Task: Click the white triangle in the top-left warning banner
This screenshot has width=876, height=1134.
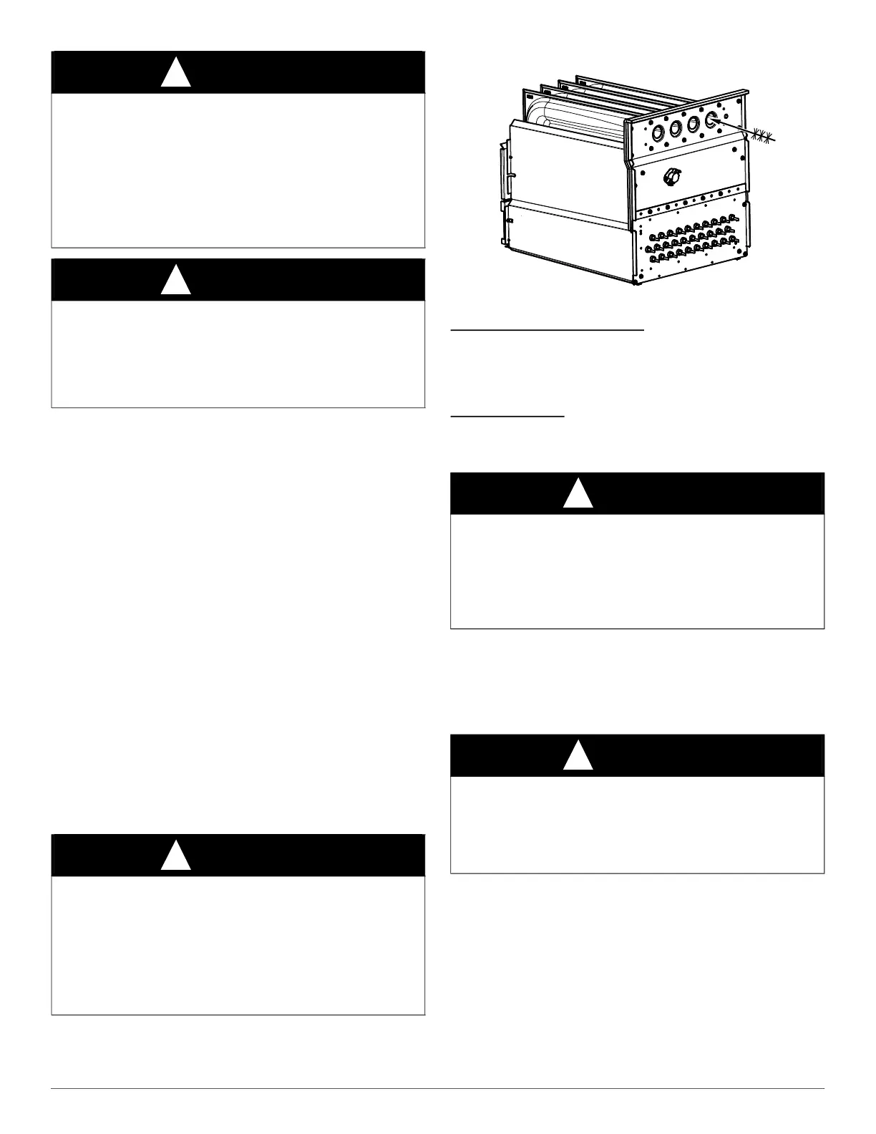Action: click(175, 74)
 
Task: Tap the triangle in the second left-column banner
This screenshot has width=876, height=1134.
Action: click(175, 281)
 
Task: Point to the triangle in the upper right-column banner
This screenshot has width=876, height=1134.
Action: click(578, 495)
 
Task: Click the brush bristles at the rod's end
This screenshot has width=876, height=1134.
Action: click(764, 136)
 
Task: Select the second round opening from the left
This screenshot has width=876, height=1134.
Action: click(675, 127)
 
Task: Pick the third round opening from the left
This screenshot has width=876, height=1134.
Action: click(693, 123)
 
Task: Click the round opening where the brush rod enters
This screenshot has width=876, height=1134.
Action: click(711, 120)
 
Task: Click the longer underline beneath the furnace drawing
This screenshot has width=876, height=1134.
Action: click(548, 330)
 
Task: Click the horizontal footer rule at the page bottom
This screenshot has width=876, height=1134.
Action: click(438, 1090)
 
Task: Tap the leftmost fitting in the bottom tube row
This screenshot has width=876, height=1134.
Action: click(653, 257)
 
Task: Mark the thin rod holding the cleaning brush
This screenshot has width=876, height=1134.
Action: click(737, 128)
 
